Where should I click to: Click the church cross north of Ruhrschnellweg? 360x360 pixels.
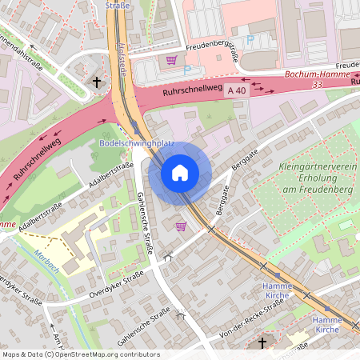tap(97, 82)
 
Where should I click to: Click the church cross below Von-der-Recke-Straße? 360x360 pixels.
tap(262, 343)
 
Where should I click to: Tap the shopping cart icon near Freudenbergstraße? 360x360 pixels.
tap(170, 60)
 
